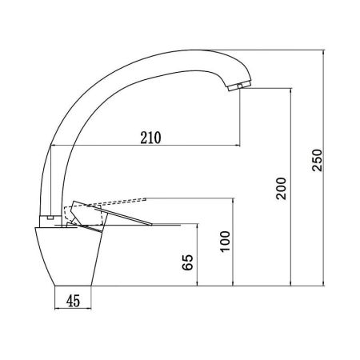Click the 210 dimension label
coord(150,136)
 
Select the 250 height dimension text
coord(317,163)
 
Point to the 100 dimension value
coord(225,240)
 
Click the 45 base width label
coord(73,301)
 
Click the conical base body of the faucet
coord(70,256)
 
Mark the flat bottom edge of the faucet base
coord(73,286)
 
